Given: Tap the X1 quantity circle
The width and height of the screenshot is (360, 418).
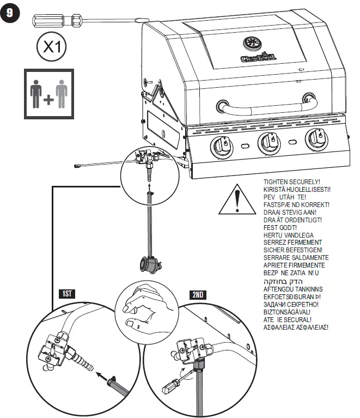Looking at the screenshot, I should click(51, 48).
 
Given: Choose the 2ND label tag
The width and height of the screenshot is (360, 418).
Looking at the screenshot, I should click(198, 294).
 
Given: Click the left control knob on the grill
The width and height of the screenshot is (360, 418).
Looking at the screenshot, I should click(222, 146).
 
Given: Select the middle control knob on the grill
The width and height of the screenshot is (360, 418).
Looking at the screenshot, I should click(266, 143).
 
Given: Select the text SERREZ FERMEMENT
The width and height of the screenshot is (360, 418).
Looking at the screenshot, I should click(292, 242).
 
